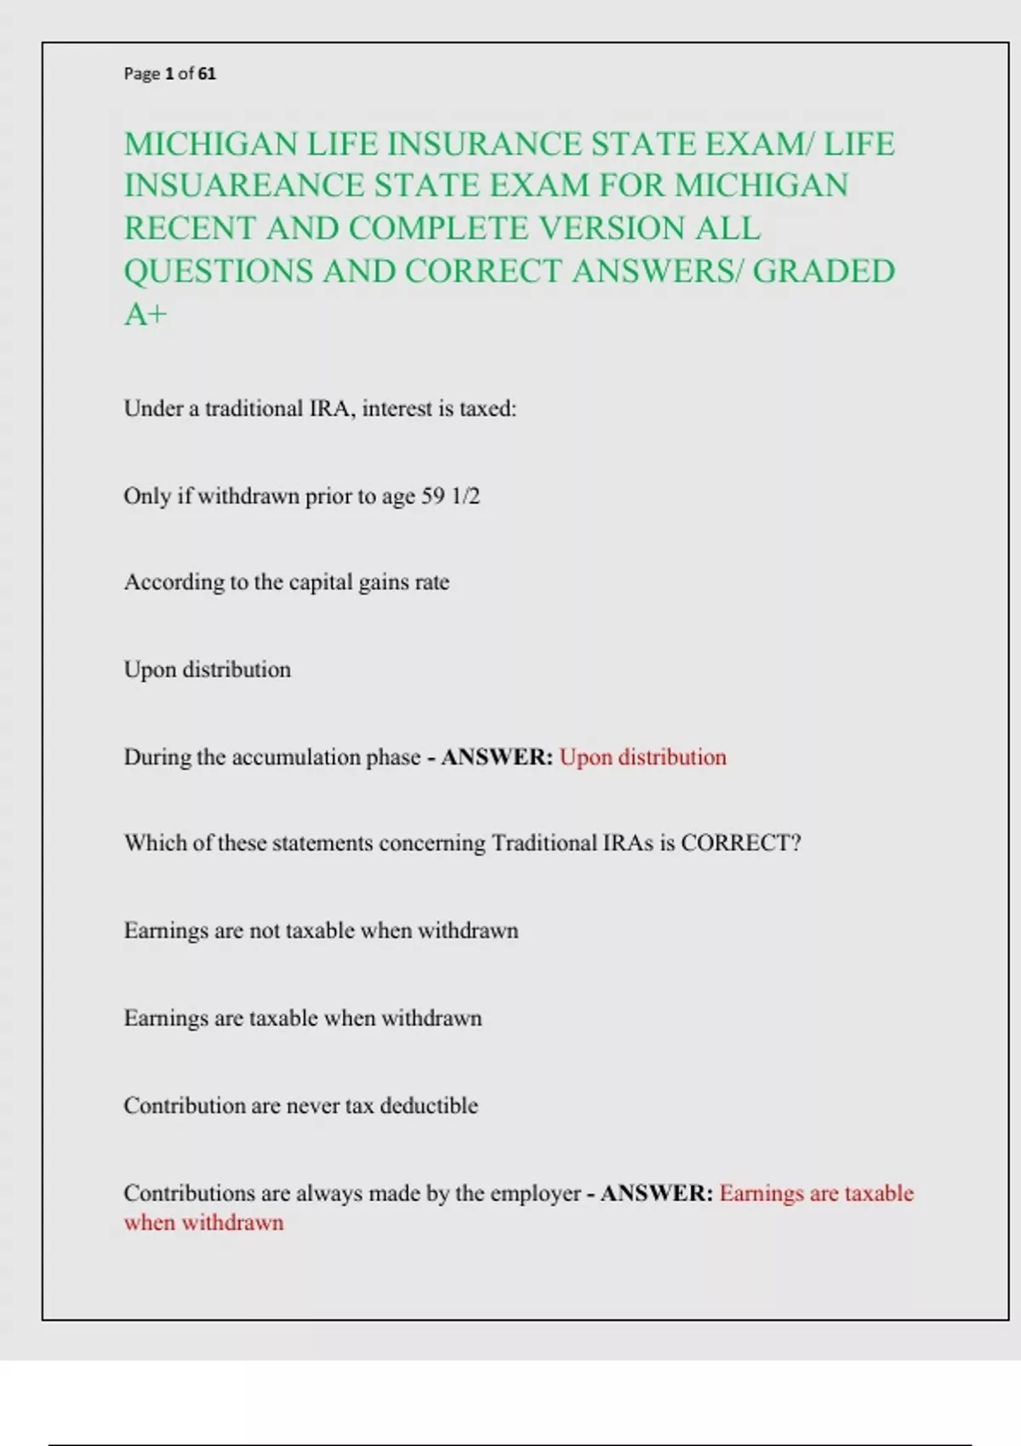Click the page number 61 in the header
207,74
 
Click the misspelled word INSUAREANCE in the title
243,185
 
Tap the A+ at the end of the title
145,315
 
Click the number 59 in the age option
433,496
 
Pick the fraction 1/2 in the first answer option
465,496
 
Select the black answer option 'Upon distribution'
207,669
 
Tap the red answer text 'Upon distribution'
642,757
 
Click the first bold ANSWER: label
497,757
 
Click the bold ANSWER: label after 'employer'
657,1193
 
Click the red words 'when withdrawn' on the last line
203,1223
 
